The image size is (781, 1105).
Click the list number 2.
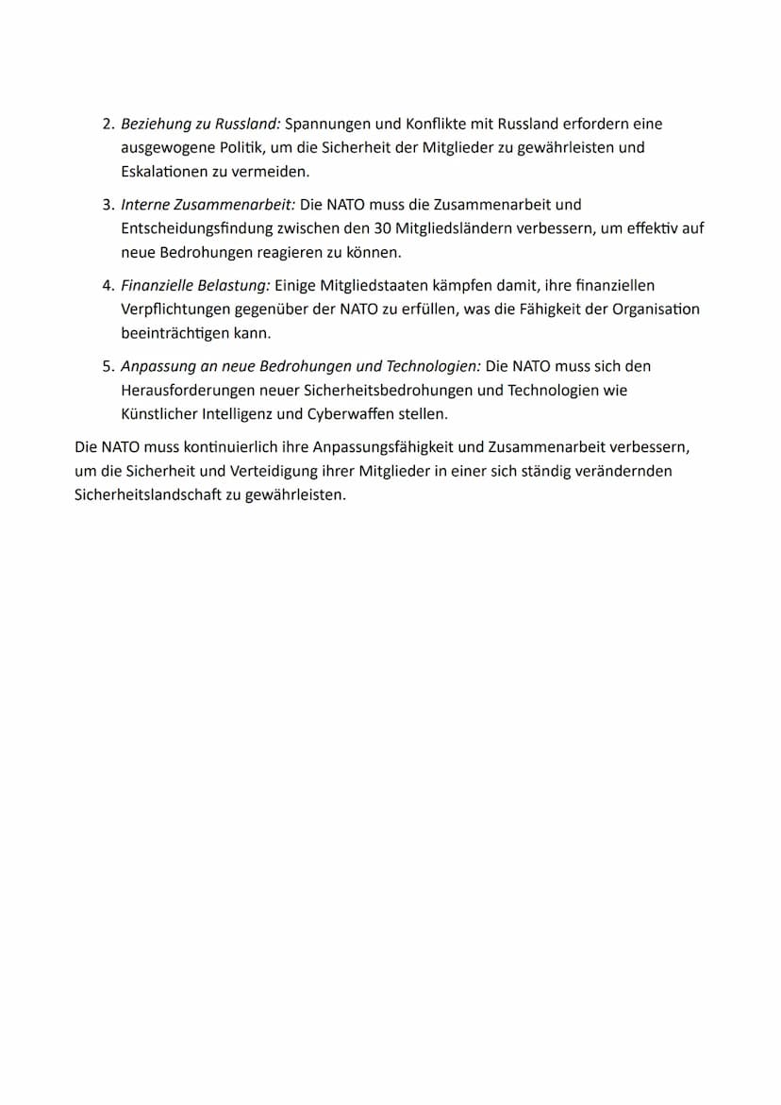point(107,125)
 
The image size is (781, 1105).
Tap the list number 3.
point(107,205)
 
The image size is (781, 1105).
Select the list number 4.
point(107,286)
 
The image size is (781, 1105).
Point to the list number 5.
point(107,366)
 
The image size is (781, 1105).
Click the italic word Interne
point(146,205)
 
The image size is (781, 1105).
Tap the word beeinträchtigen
point(176,334)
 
